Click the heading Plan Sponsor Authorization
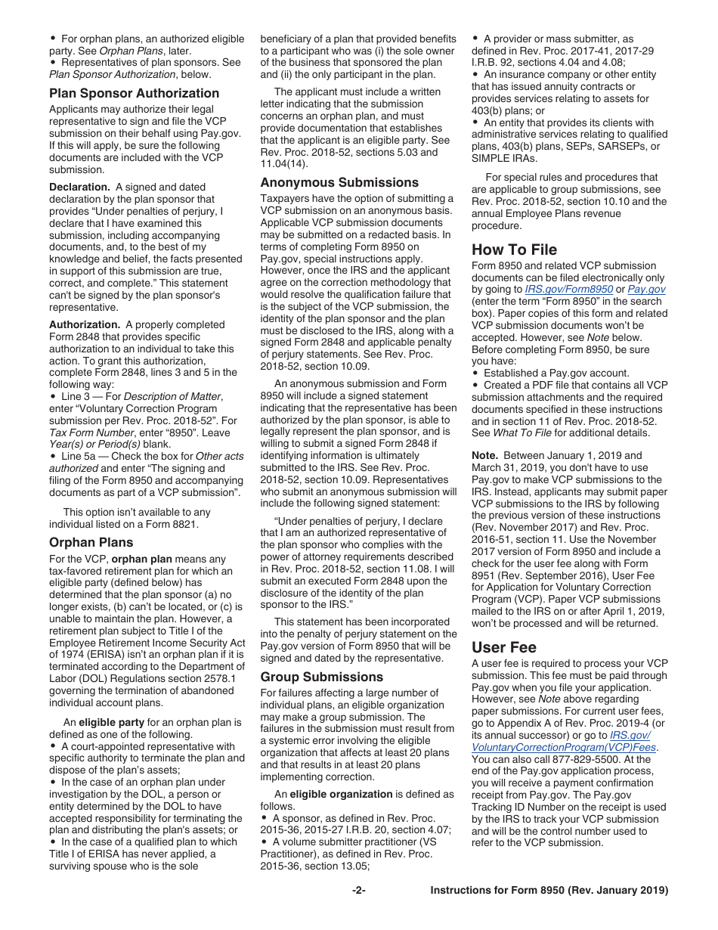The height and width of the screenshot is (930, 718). coord(134,93)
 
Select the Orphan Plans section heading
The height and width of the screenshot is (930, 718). coord(91,542)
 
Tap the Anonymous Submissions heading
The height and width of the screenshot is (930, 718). coord(339,182)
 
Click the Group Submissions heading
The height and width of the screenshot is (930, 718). coord(321,677)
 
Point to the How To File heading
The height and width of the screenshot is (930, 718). coord(514,250)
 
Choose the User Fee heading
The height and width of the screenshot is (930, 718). coord(503,647)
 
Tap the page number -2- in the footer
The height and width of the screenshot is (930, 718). coord(358,890)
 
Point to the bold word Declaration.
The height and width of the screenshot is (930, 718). coord(79,187)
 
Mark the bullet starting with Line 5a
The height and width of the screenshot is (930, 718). coord(53,456)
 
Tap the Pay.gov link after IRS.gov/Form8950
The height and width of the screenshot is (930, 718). coord(646,289)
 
